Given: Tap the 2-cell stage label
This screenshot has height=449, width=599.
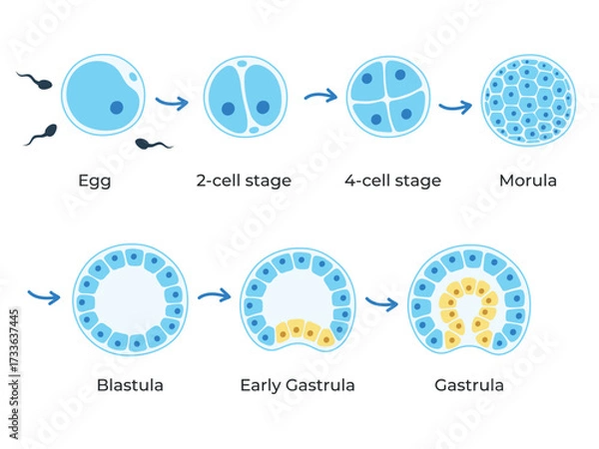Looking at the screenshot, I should pyautogui.click(x=244, y=181).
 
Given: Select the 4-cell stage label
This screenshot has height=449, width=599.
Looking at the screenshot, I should pyautogui.click(x=392, y=181).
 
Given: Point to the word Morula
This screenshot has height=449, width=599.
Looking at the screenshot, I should pyautogui.click(x=527, y=181).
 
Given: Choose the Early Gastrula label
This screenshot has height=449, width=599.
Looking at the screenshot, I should pyautogui.click(x=298, y=384).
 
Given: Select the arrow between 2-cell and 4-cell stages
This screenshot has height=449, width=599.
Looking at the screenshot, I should pyautogui.click(x=319, y=97).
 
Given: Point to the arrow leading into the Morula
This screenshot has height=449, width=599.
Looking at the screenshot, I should pyautogui.click(x=456, y=105).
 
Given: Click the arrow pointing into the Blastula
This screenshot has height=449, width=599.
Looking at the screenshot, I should pyautogui.click(x=45, y=295).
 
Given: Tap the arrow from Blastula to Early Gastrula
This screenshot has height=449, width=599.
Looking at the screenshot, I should pyautogui.click(x=213, y=295).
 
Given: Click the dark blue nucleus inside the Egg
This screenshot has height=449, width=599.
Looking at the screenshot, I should pyautogui.click(x=116, y=107).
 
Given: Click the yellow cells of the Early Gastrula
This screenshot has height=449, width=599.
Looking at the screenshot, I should pyautogui.click(x=297, y=330).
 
